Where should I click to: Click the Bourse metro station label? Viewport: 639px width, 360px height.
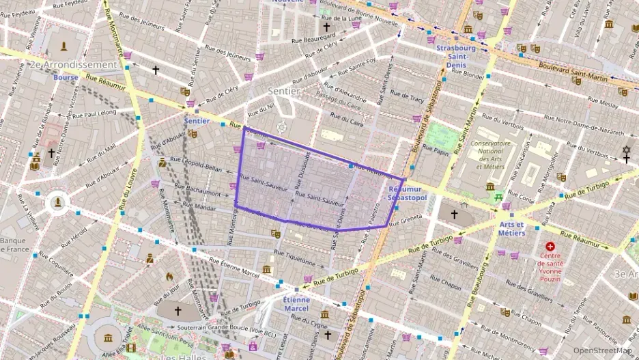coord(66,77)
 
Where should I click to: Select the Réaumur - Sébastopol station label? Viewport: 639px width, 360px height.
coord(407,193)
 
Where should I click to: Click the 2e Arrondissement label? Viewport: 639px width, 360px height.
coord(74,64)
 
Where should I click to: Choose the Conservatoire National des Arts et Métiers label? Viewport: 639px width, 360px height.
coord(491,154)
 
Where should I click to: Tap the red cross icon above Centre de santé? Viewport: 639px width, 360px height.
coord(550,246)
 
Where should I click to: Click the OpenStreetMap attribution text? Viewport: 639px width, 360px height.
coord(602,351)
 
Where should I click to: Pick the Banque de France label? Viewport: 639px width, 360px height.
coord(13,245)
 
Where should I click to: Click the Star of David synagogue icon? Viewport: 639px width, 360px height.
coord(626,150)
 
